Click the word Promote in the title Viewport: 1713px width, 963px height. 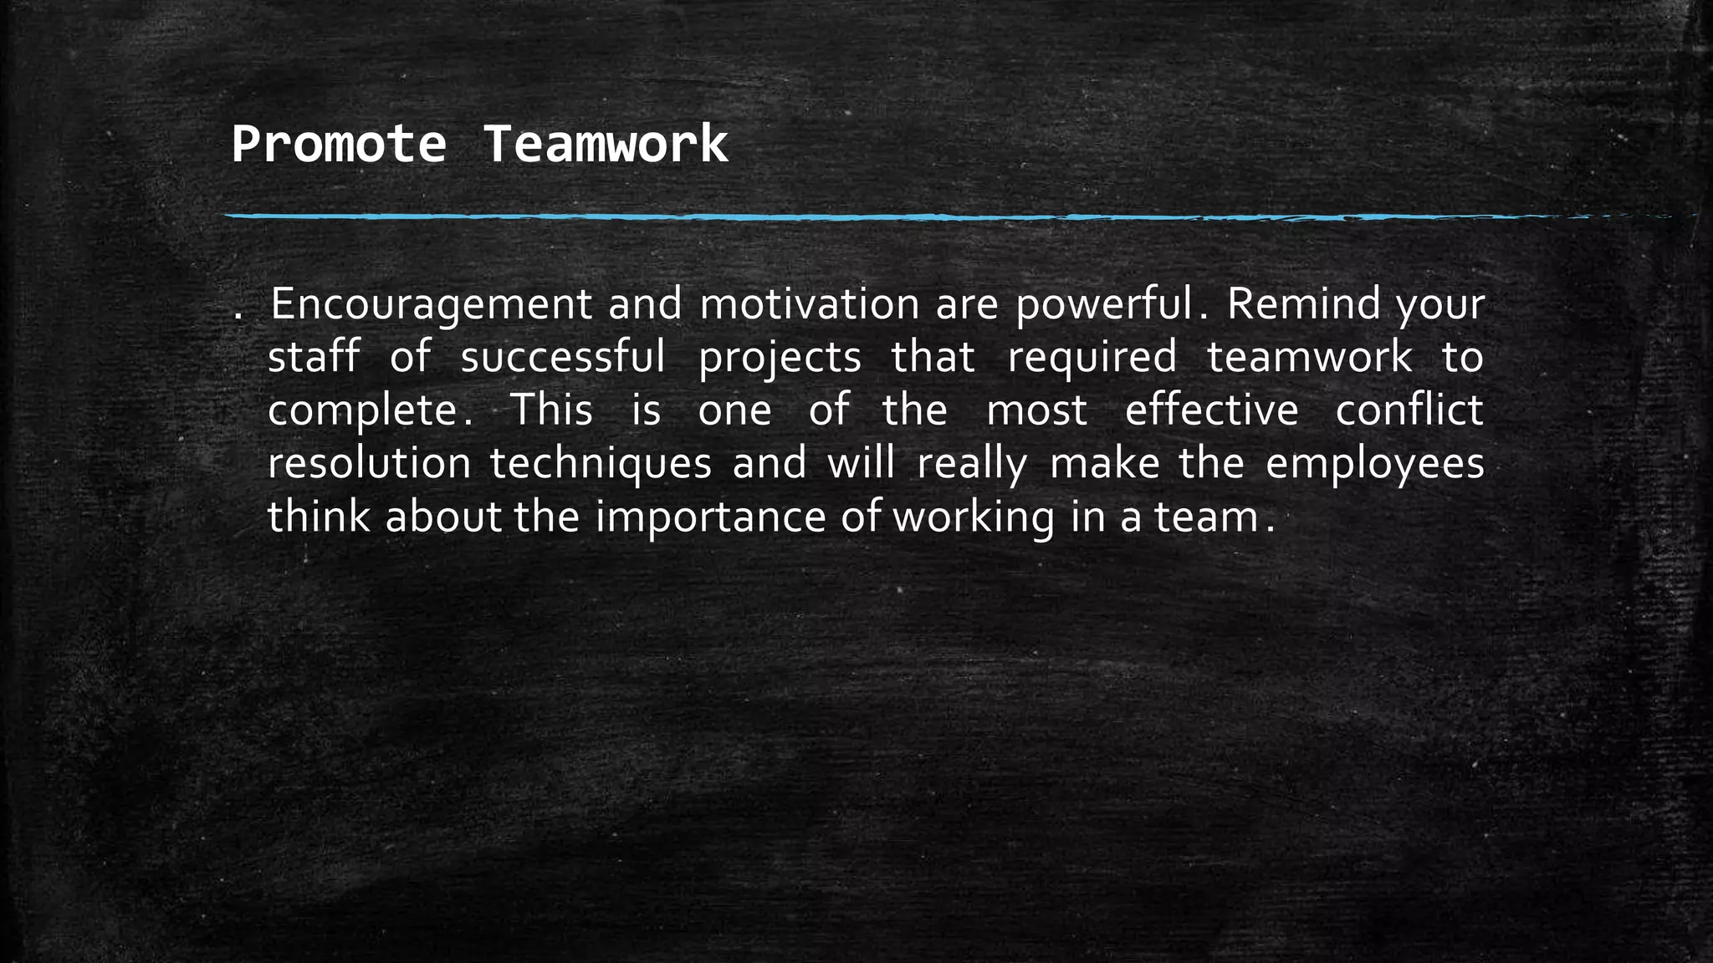[x=339, y=145]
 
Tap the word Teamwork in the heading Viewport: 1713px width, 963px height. [x=606, y=145]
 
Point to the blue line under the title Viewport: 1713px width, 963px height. [x=920, y=217]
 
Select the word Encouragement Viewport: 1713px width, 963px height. [x=431, y=305]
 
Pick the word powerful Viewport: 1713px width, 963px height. [x=1106, y=305]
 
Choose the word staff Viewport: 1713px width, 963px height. [x=314, y=357]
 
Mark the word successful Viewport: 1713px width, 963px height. [x=563, y=357]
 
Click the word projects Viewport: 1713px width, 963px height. [x=780, y=359]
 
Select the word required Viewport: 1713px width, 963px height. [x=1092, y=359]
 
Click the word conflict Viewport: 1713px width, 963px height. [x=1409, y=410]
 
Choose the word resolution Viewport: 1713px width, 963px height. [x=370, y=464]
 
